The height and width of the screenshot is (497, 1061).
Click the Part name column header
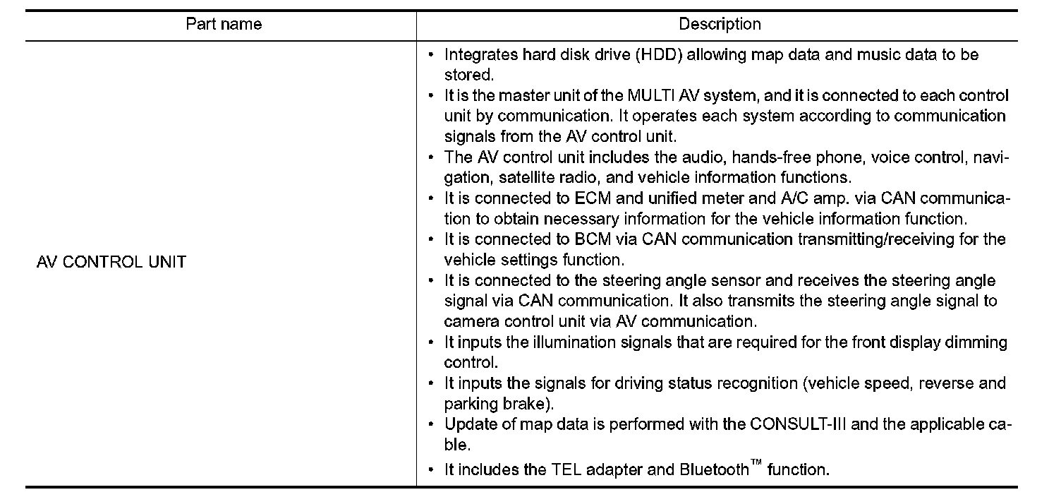(x=224, y=25)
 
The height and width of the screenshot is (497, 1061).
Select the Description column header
(x=720, y=25)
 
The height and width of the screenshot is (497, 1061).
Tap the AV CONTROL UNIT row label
(x=111, y=262)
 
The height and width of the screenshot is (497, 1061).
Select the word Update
(x=467, y=425)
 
